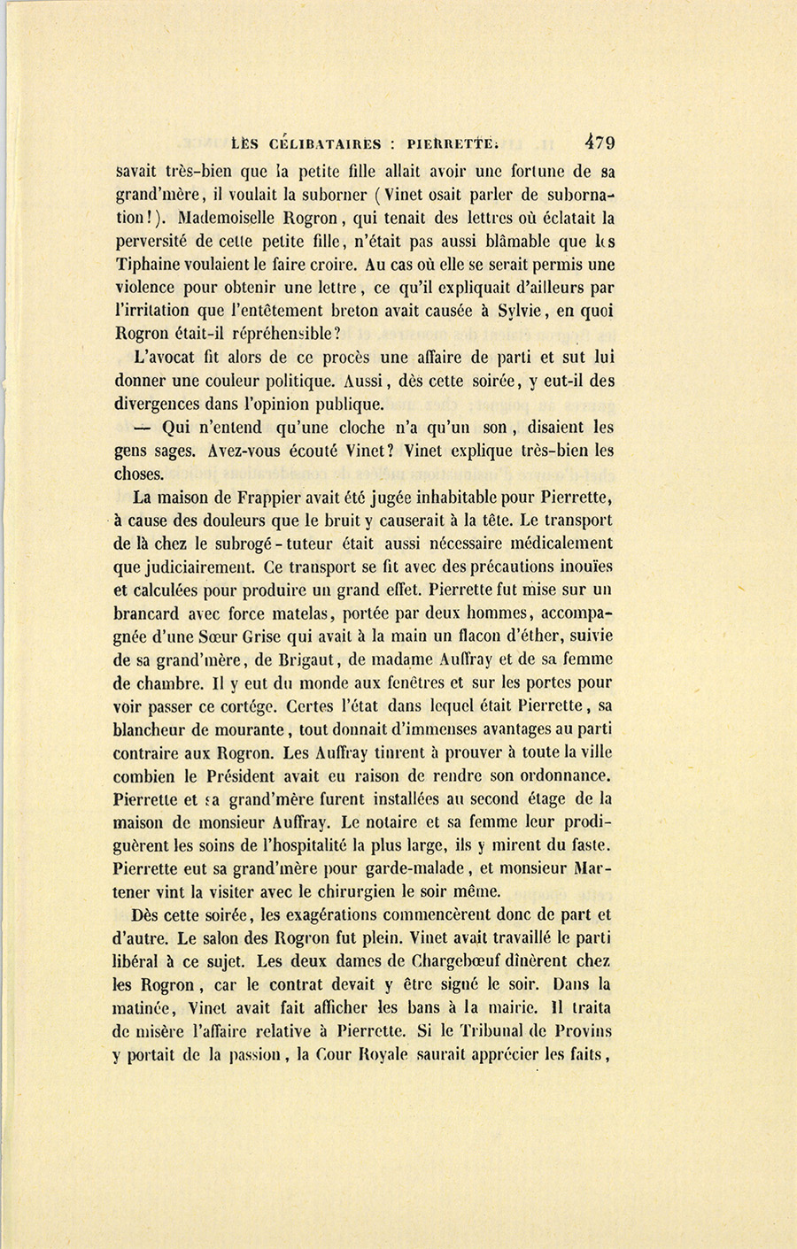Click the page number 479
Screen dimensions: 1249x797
599,143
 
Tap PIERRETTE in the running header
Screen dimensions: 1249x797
460,143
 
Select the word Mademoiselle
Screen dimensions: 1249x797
227,217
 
